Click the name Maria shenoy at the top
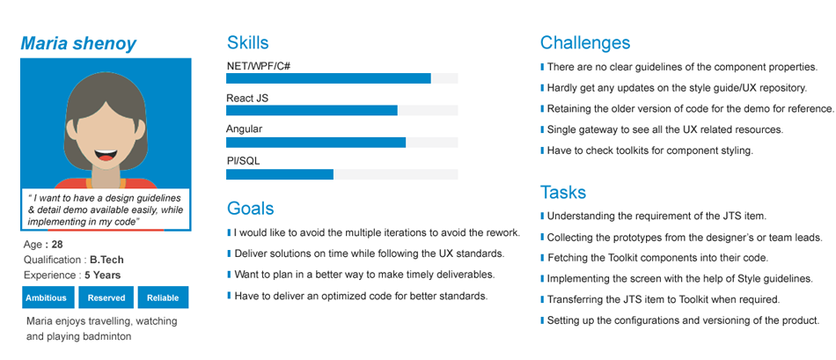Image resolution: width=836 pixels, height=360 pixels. (78, 43)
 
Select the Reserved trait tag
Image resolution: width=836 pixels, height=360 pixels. (106, 298)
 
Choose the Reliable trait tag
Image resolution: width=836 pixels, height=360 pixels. (163, 298)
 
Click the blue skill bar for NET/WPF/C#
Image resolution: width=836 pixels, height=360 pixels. (328, 78)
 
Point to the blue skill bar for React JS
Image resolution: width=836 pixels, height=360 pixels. (312, 110)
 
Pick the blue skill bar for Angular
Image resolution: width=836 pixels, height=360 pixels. (316, 143)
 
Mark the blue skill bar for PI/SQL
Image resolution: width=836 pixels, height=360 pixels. (280, 174)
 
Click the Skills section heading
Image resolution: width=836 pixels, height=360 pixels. (248, 42)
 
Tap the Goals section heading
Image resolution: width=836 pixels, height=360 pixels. (251, 208)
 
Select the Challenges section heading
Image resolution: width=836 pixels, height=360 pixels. (585, 42)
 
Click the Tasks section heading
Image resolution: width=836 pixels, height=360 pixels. (563, 192)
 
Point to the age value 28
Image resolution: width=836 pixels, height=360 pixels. (57, 245)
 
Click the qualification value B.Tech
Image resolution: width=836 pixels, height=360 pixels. (106, 261)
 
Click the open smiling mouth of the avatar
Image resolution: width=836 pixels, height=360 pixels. (106, 155)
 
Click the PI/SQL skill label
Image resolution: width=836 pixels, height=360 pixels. (243, 161)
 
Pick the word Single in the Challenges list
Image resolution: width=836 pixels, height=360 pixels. (561, 129)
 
